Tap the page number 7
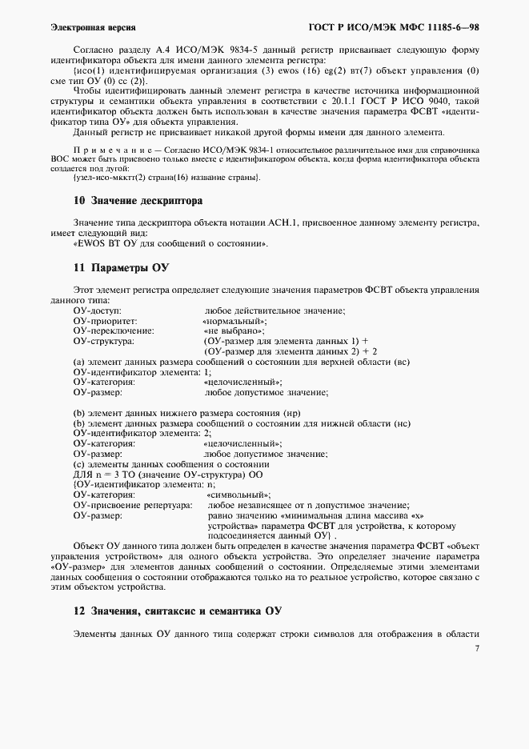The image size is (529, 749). pos(476,649)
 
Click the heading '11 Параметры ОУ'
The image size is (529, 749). pos(120,266)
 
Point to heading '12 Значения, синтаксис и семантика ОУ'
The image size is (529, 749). pos(177,611)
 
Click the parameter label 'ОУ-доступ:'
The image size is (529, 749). pos(96,310)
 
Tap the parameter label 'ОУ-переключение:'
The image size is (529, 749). pos(113,330)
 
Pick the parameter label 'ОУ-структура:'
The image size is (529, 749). pos(104,341)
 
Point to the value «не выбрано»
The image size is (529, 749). pos(234,330)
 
